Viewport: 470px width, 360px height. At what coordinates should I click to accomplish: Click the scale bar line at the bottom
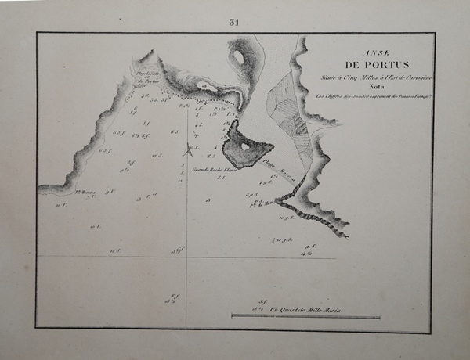coord(305,316)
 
